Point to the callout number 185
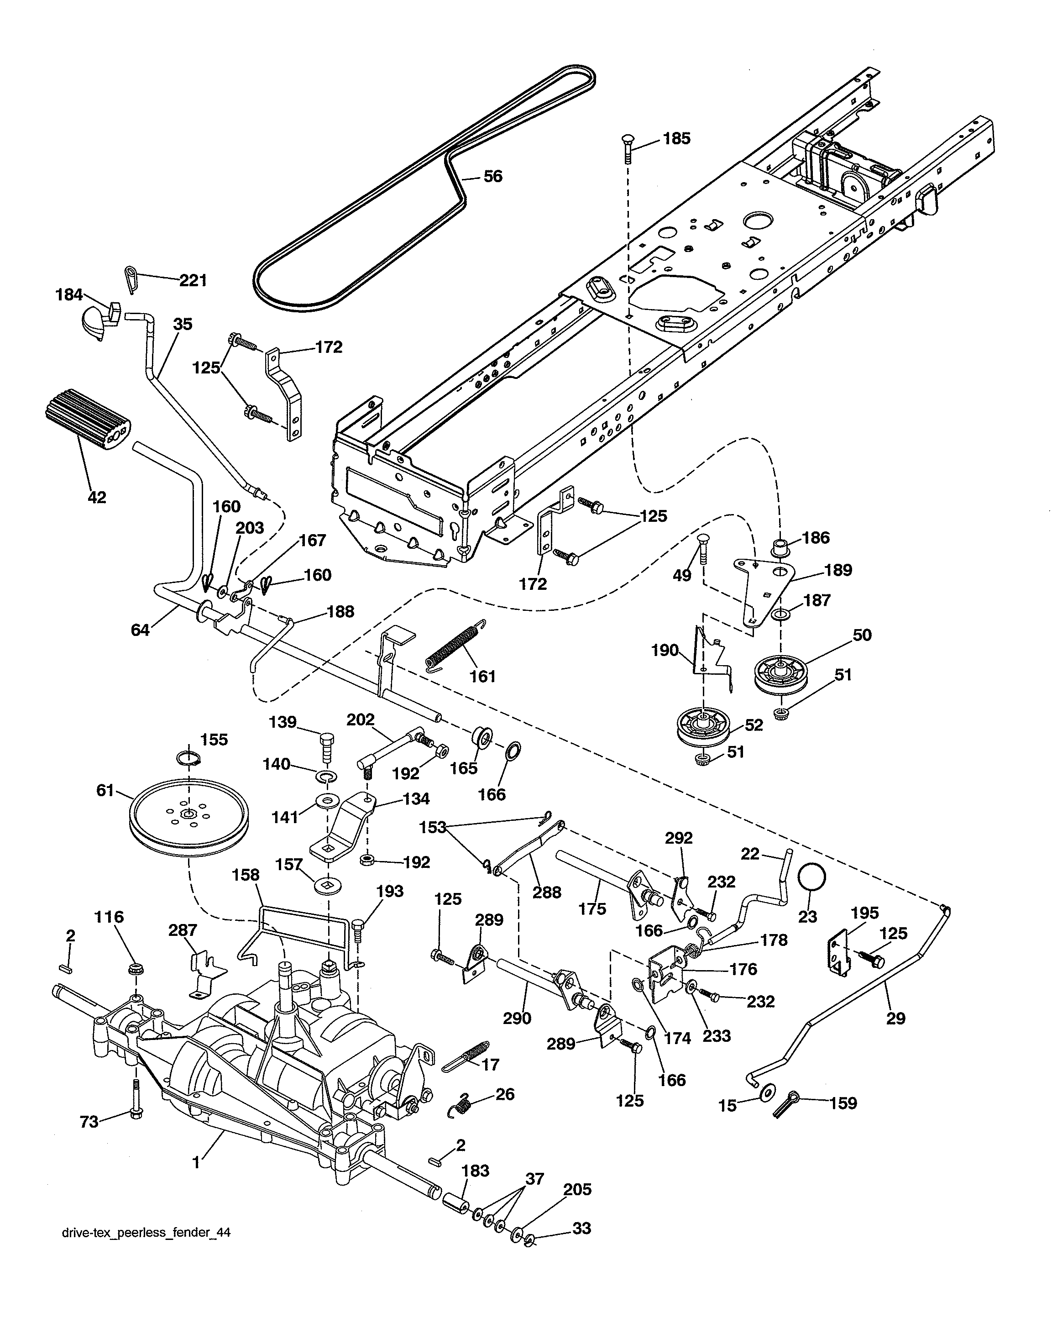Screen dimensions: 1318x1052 [x=677, y=139]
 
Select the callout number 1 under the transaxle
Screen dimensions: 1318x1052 [x=196, y=1163]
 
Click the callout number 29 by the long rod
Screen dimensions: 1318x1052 [x=895, y=1019]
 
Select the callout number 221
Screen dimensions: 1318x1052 [x=193, y=281]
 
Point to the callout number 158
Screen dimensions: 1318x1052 [x=246, y=876]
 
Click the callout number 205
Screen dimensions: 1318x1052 [x=577, y=1190]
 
